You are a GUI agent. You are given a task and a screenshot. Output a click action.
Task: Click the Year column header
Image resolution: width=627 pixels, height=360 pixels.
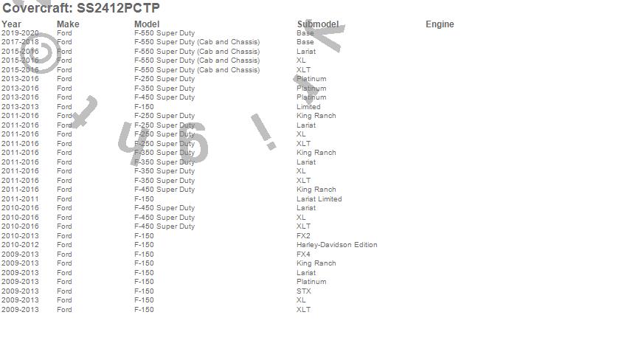[11, 24]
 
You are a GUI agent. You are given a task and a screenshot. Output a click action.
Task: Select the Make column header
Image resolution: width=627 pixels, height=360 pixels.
[68, 24]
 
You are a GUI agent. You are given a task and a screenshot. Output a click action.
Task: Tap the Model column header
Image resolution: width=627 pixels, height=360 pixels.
[147, 24]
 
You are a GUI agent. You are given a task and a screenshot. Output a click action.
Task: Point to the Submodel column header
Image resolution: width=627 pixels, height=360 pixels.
[318, 24]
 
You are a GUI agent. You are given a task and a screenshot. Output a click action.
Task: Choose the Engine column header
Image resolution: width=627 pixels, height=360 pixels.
[440, 24]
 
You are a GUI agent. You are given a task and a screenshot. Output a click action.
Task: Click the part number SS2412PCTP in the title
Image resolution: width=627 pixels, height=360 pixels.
[118, 8]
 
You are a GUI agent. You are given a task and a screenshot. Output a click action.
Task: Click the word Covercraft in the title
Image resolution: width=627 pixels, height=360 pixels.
[36, 8]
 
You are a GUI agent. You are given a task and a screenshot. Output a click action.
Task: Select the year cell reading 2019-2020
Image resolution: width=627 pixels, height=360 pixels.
[20, 33]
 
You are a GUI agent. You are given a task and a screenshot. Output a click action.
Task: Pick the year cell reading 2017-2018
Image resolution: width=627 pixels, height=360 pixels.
[20, 42]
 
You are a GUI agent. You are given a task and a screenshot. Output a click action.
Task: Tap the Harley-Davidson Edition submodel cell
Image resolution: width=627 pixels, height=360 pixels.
[336, 245]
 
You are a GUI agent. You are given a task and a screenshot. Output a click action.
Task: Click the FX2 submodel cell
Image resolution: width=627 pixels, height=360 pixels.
[304, 236]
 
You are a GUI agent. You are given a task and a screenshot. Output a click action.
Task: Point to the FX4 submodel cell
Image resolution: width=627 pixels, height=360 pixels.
[304, 255]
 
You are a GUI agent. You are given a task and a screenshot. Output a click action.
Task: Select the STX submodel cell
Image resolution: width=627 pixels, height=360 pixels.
[304, 291]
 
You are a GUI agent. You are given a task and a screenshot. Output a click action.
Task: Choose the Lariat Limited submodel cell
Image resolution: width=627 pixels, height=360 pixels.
[319, 199]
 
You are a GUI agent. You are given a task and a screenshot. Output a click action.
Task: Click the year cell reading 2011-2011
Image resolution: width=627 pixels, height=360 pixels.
[20, 199]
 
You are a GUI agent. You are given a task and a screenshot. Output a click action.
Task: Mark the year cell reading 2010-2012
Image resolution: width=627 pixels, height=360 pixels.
[20, 245]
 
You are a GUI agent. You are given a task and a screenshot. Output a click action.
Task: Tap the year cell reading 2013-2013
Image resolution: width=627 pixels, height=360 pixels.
[20, 107]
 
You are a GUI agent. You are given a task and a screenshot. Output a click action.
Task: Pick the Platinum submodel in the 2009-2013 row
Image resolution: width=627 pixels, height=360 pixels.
[311, 282]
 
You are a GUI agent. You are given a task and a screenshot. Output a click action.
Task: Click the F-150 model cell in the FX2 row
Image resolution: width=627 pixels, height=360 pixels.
[144, 236]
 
